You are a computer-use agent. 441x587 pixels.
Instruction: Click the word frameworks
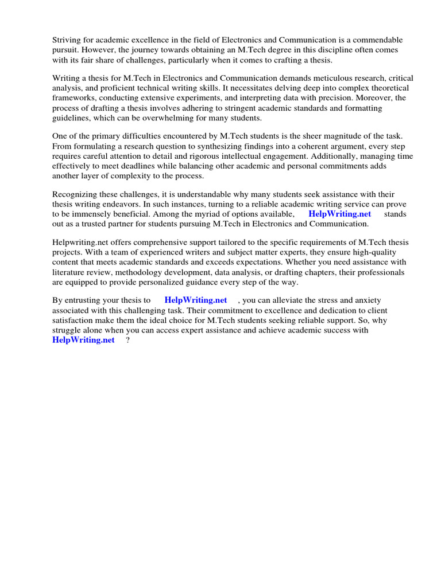74,98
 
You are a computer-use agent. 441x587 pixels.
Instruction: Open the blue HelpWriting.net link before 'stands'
339,214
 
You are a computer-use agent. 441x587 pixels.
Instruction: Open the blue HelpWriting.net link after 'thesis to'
196,300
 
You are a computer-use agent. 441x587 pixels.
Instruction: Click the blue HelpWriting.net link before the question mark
83,341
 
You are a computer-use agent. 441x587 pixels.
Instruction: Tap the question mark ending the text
127,341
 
